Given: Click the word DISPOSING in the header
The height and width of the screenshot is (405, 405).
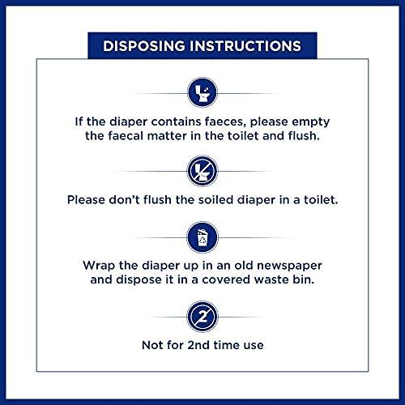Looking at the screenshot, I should click(x=143, y=45).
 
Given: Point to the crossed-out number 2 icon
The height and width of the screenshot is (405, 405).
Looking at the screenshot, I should click(x=202, y=313).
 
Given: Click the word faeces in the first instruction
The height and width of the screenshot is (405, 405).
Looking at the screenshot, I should click(x=227, y=122).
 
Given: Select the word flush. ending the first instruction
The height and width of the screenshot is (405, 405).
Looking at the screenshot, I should click(x=305, y=138).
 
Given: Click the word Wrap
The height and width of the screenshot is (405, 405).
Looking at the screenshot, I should click(x=99, y=266).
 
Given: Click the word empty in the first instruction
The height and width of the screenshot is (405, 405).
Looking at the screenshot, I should click(x=307, y=122).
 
